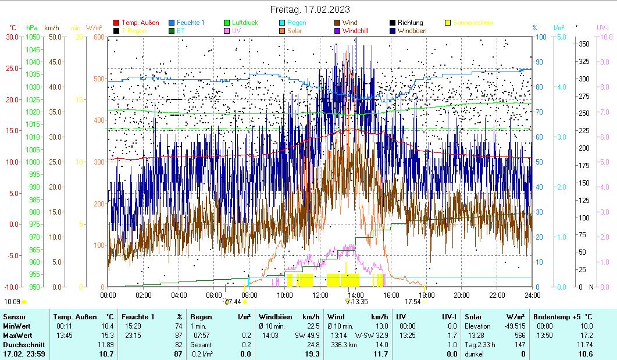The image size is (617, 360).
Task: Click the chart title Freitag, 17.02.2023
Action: click(x=308, y=10)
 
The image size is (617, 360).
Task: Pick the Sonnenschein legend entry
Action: click(x=472, y=23)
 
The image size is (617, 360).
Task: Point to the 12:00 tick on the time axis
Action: click(x=320, y=295)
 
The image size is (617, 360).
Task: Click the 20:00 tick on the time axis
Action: click(x=462, y=295)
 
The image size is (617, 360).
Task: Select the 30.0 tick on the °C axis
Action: click(x=12, y=37)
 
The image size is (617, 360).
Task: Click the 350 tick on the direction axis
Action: click(x=584, y=44)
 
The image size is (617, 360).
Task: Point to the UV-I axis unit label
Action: click(x=602, y=27)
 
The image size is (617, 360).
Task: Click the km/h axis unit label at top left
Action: click(x=51, y=27)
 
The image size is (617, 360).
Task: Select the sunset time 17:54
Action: click(x=412, y=302)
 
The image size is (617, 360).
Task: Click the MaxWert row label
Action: click(x=16, y=336)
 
